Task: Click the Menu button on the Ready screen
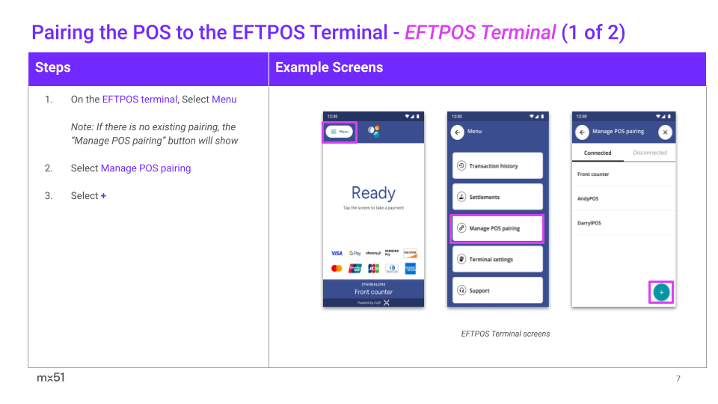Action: click(340, 132)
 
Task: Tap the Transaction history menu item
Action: click(497, 166)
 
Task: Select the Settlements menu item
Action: click(497, 198)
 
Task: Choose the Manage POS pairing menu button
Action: click(497, 228)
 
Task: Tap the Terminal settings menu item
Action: click(497, 260)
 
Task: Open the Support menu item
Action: click(497, 290)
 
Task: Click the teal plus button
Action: click(661, 293)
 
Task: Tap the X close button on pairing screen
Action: click(665, 132)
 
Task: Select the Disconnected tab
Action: click(649, 153)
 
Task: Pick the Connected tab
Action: click(598, 153)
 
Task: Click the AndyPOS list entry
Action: click(588, 199)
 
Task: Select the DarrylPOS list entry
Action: click(589, 223)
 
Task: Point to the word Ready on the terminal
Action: click(373, 194)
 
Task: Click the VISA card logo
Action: click(337, 254)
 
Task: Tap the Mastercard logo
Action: click(337, 269)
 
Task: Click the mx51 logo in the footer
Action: click(51, 378)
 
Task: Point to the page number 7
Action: click(678, 379)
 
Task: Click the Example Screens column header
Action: click(329, 67)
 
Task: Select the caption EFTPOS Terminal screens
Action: click(506, 334)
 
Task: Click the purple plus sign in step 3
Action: click(103, 196)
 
